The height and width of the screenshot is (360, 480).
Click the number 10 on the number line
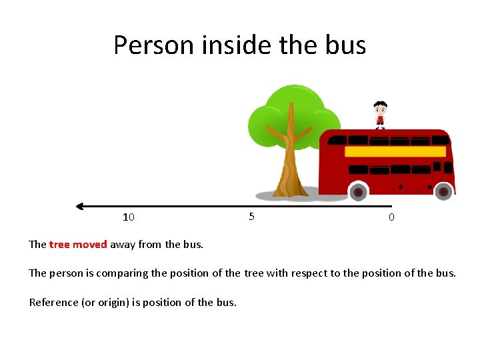pos(129,217)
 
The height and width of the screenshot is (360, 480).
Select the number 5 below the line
pos(251,216)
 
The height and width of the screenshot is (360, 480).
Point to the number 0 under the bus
pos(391,217)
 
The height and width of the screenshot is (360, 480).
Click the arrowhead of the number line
pos(81,206)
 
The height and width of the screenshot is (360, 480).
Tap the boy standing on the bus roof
pos(380,113)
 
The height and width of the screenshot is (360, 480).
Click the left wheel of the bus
pos(358,191)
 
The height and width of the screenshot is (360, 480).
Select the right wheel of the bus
pos(443,191)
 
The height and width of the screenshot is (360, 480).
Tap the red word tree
pos(59,244)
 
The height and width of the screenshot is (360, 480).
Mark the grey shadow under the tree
pos(267,196)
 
